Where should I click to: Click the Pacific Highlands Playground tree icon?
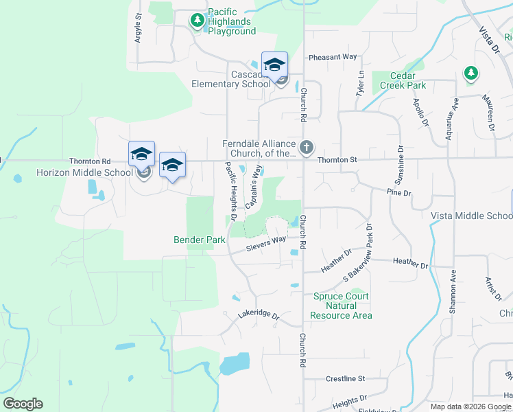point(198,21)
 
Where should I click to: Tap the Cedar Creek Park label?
point(398,80)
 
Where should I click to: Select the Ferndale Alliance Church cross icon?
point(306,146)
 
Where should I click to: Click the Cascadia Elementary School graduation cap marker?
point(274,65)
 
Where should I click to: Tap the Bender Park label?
point(199,240)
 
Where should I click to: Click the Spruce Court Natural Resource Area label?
point(341,306)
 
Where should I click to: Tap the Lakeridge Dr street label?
point(259,316)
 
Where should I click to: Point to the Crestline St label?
point(346,378)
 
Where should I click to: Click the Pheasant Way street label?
point(333,57)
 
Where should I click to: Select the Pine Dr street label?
point(398,193)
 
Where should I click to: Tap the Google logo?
point(23,404)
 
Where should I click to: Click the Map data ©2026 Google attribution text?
point(469,407)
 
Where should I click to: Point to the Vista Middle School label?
point(471,216)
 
